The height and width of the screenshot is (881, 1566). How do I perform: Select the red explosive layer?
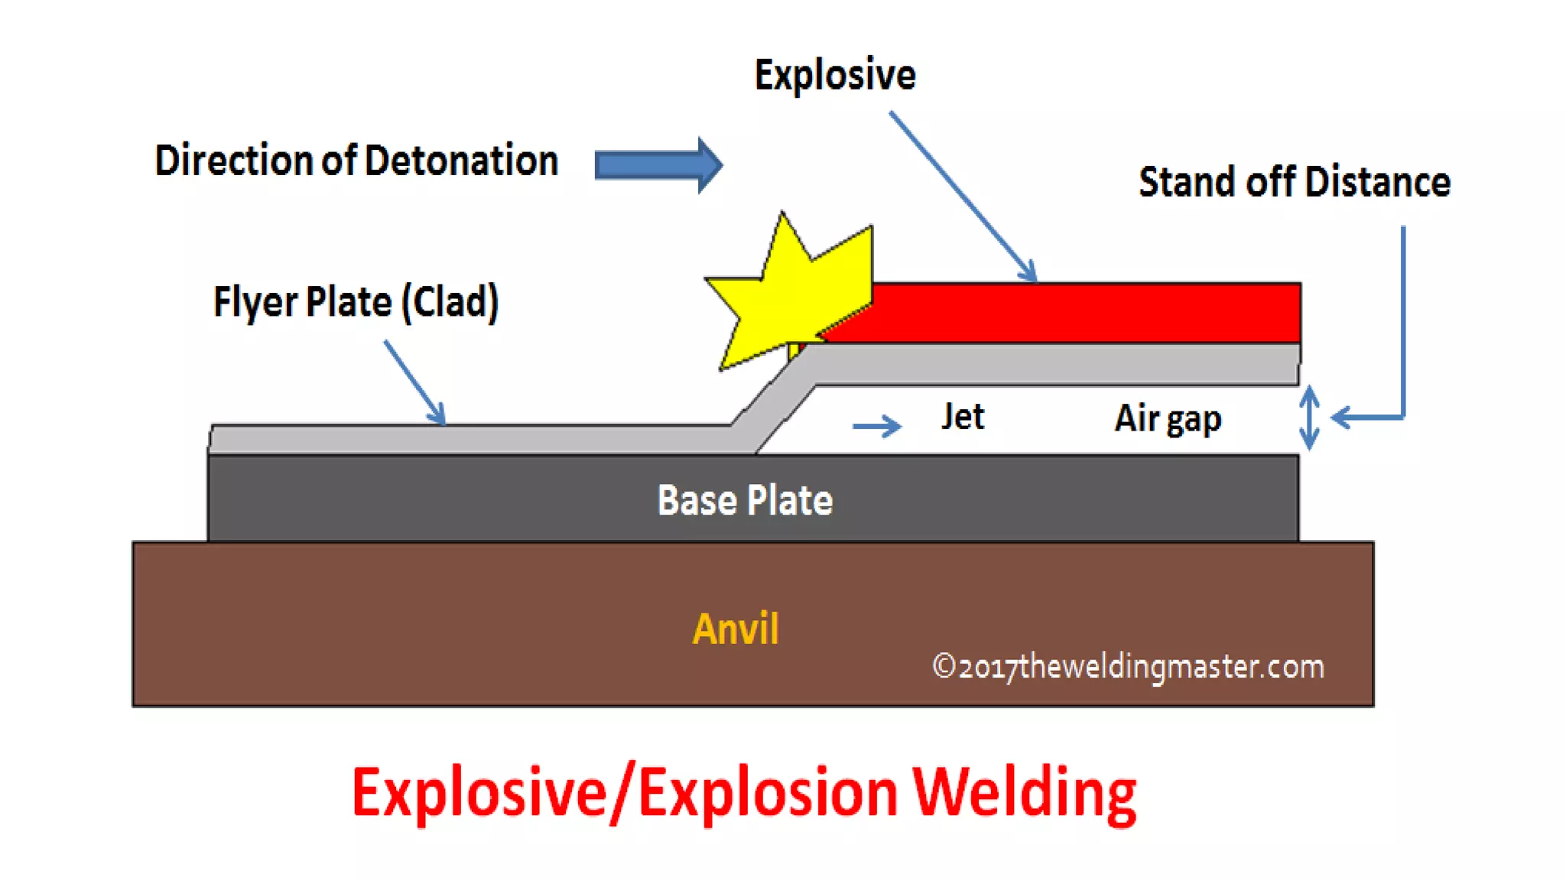1071,313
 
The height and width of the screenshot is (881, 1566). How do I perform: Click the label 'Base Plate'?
745,501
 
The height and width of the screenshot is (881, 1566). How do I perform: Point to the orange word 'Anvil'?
736,629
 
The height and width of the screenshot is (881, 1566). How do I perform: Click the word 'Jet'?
963,417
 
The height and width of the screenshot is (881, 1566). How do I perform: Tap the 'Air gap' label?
1168,419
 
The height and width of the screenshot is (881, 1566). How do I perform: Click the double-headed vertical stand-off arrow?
1309,418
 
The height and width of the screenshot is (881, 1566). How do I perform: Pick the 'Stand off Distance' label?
1294,182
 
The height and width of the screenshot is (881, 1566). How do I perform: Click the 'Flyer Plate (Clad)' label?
356,301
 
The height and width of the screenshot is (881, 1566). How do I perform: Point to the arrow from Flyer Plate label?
414,382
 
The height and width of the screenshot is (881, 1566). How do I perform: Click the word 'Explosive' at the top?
835,75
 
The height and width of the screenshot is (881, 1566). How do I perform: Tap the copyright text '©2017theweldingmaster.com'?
1128,667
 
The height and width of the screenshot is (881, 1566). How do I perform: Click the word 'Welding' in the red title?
1025,794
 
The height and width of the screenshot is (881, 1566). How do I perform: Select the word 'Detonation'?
461,161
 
